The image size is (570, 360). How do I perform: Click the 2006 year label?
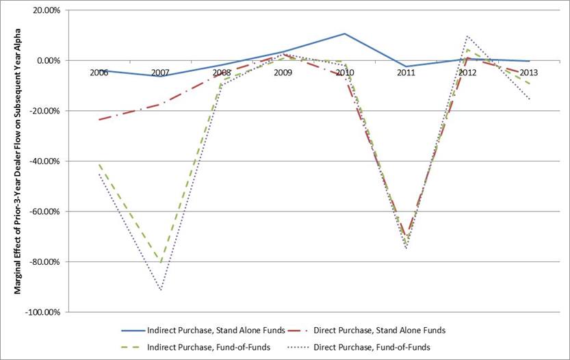[99, 72]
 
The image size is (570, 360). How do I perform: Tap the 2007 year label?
[160, 72]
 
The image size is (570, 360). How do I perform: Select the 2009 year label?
[283, 72]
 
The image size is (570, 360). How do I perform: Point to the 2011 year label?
[406, 72]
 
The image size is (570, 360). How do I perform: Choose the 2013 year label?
[529, 72]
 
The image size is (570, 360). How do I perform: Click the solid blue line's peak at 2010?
[345, 34]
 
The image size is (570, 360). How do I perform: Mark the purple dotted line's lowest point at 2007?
[160, 290]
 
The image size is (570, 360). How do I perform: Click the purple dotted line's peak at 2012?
[467, 36]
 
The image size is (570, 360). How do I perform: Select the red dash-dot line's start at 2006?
[99, 120]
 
